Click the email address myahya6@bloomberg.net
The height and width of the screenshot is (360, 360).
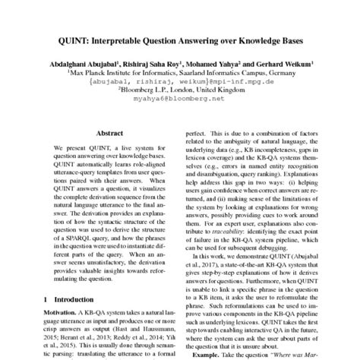tap(180, 99)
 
